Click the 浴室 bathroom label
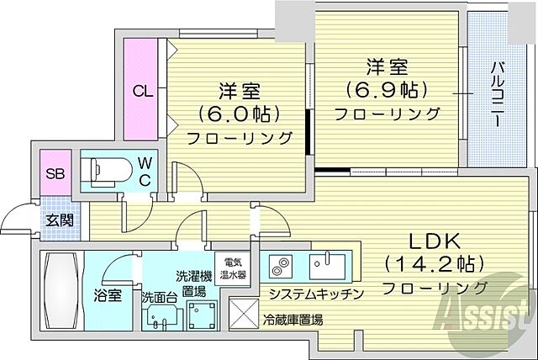coord(108,297)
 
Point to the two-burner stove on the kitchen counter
coord(278,268)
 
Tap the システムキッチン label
coord(315,294)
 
